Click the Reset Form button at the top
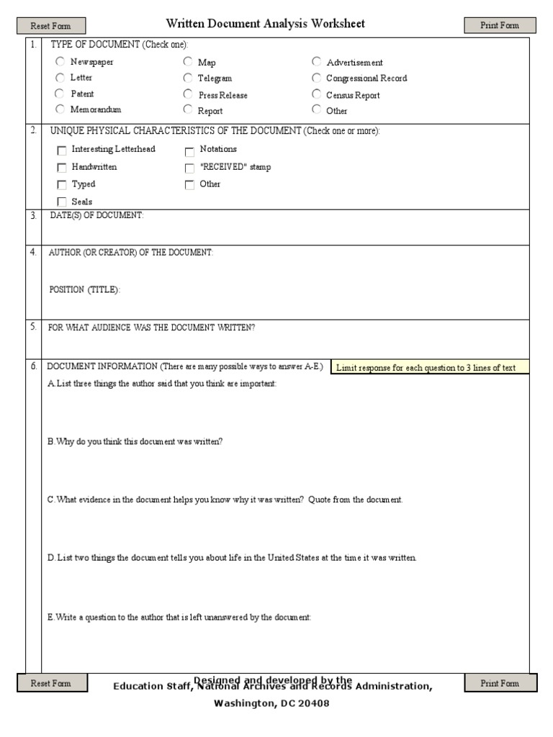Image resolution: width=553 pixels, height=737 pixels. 50,26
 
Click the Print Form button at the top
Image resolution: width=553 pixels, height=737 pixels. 500,26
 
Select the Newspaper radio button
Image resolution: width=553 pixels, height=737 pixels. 60,62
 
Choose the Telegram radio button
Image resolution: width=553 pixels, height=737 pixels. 188,78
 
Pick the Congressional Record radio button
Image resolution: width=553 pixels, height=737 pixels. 317,78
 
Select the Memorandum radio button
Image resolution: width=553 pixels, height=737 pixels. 60,109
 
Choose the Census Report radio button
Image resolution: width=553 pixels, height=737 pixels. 317,94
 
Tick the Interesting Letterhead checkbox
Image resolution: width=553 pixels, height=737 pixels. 62,150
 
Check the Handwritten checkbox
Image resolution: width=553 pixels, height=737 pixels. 62,168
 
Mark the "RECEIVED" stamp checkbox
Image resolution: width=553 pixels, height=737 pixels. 189,168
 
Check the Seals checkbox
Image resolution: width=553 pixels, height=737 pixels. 62,202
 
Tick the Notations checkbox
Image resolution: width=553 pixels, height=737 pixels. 189,150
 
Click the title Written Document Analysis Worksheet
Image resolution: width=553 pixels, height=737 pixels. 265,24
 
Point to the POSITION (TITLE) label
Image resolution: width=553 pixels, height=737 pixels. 84,289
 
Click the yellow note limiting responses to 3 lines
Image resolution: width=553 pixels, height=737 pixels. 429,368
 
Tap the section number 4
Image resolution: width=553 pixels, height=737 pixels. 33,252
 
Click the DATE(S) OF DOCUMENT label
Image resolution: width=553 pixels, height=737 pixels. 96,216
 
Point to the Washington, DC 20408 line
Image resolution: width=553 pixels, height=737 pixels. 271,703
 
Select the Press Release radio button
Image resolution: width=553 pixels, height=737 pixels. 188,94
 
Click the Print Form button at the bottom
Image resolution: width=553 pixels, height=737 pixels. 500,683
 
